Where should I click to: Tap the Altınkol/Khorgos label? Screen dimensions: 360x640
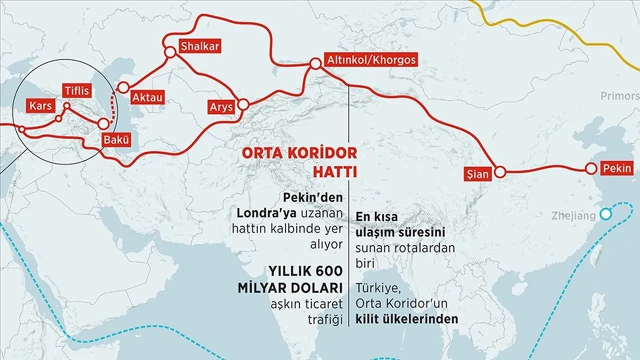(x=370, y=60)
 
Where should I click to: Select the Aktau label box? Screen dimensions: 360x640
(x=147, y=97)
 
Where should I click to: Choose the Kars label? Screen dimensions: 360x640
(x=41, y=106)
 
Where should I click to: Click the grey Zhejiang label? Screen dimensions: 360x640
(x=573, y=216)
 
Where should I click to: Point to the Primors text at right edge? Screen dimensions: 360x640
(x=620, y=96)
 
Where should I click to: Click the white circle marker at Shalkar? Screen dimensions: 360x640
(x=169, y=51)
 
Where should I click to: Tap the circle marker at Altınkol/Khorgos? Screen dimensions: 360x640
(x=315, y=64)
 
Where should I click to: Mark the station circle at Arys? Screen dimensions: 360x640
(x=243, y=104)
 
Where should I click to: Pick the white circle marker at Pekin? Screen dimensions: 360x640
(x=591, y=169)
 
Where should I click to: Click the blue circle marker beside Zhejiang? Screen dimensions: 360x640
(x=606, y=214)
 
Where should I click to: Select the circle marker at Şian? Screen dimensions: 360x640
(x=500, y=172)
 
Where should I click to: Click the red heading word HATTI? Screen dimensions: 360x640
(x=334, y=172)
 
